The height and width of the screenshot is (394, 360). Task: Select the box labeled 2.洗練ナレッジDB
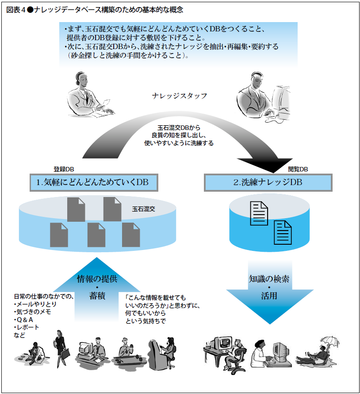[x=268, y=182]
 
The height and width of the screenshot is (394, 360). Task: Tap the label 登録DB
[x=64, y=169]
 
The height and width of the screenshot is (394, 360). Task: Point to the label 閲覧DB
[x=298, y=169]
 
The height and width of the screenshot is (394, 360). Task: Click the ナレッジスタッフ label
[x=179, y=95]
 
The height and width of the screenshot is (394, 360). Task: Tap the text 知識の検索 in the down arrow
[x=269, y=279]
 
